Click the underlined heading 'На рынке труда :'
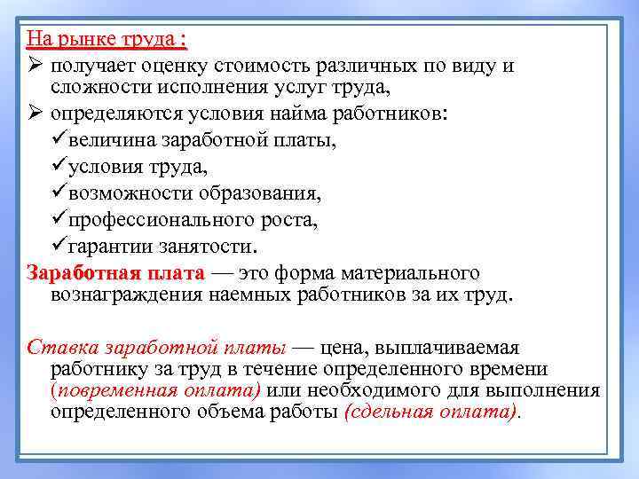[x=106, y=40]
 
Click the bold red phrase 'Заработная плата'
[x=115, y=272]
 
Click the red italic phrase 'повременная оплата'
[x=156, y=390]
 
